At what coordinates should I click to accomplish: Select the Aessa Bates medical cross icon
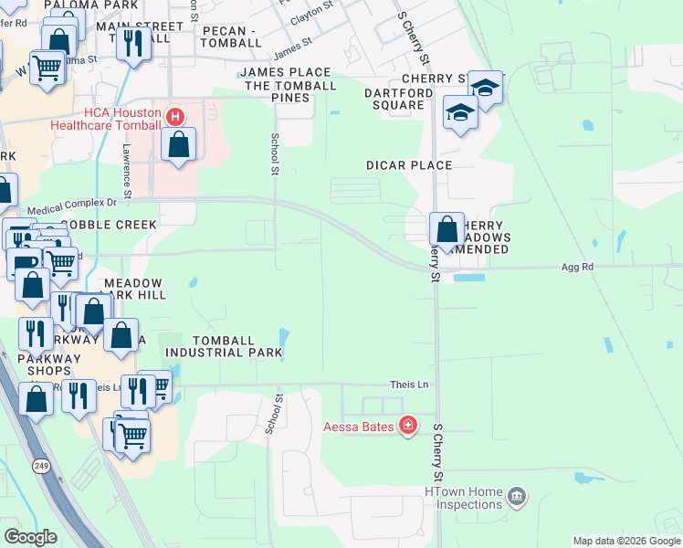coord(407,426)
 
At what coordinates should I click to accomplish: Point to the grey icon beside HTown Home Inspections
coord(517,498)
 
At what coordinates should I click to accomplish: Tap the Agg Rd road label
coord(577,267)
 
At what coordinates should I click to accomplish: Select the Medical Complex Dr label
coord(72,209)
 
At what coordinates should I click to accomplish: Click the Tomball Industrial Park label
coord(217,346)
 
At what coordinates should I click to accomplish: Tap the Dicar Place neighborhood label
coord(409,165)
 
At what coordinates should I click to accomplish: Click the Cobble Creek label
coord(110,224)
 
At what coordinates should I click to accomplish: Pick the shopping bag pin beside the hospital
coord(179,144)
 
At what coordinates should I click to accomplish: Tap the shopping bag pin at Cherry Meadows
coord(447,229)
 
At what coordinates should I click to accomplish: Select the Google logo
coord(30,536)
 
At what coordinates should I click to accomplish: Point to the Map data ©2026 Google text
coord(625,541)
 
